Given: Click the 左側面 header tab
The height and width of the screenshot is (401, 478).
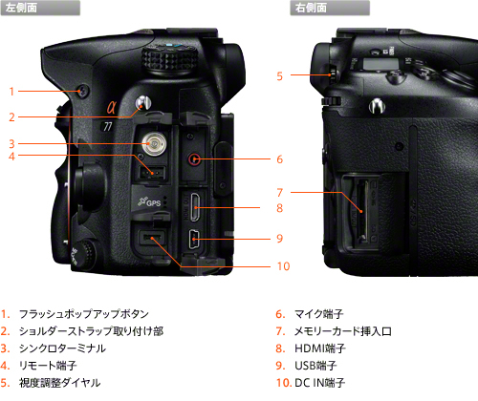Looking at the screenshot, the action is click(40, 8).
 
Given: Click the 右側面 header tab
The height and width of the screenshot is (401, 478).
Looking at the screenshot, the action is click(330, 8).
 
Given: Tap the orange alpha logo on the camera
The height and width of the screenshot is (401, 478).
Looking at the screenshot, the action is click(111, 107).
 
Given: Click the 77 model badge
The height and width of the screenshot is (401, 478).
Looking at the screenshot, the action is click(108, 126).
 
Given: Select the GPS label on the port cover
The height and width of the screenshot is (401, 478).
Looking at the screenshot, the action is click(149, 201).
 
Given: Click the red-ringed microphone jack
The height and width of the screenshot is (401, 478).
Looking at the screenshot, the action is click(194, 158).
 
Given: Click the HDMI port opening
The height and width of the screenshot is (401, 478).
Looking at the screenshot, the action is click(195, 207).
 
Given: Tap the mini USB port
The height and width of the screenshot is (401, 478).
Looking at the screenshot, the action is click(193, 240).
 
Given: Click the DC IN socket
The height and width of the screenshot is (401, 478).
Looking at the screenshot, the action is click(152, 238).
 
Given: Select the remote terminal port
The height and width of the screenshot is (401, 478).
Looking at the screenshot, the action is click(152, 173).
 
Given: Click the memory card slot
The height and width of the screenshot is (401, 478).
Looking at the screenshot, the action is click(361, 211).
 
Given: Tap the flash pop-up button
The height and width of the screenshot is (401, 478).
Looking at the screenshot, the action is click(82, 91).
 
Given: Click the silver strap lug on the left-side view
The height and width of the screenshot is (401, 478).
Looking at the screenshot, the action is click(143, 103).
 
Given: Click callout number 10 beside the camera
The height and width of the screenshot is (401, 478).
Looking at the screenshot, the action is click(283, 266).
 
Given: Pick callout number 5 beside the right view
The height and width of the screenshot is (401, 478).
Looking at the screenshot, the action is click(279, 76).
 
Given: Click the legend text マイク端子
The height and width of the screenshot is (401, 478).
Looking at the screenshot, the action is click(318, 314).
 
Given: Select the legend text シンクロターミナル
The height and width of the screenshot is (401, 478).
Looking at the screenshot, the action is click(62, 348).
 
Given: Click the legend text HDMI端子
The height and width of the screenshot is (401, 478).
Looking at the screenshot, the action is click(320, 348).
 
